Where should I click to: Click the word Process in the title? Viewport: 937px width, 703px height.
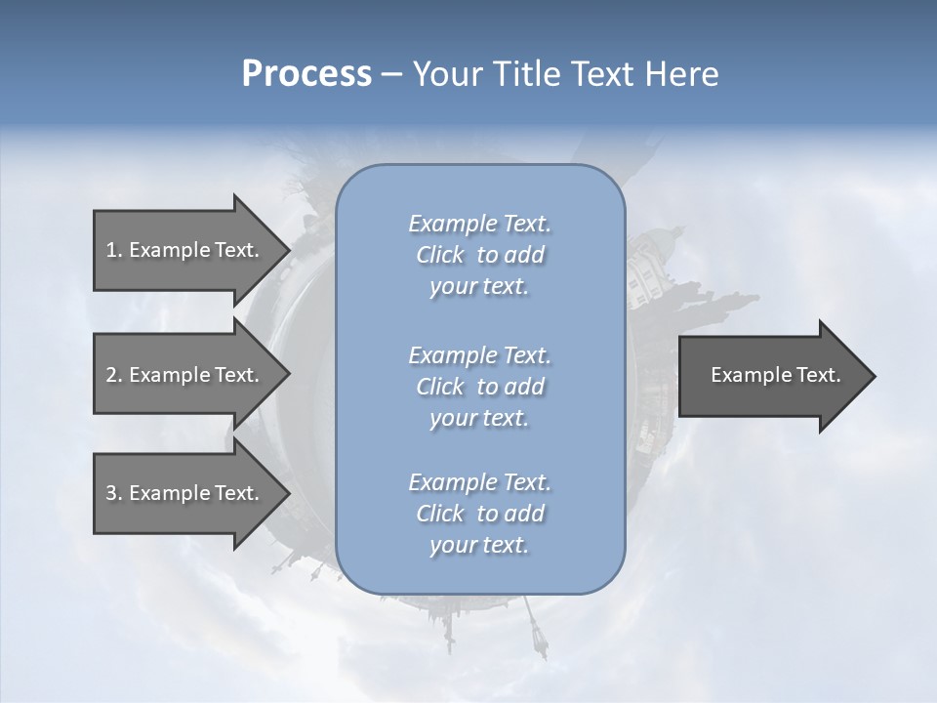click(x=306, y=74)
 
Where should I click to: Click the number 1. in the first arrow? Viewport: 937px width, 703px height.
click(x=114, y=250)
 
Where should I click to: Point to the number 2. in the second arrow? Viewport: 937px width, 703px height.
click(x=114, y=375)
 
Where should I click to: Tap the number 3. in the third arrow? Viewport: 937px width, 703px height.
click(x=114, y=493)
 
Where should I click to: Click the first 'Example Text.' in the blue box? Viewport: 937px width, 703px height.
click(x=479, y=224)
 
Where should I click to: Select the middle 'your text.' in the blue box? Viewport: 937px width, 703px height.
click(x=479, y=418)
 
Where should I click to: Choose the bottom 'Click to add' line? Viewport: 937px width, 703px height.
click(x=479, y=514)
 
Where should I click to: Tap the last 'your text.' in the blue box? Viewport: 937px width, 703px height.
click(x=479, y=545)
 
